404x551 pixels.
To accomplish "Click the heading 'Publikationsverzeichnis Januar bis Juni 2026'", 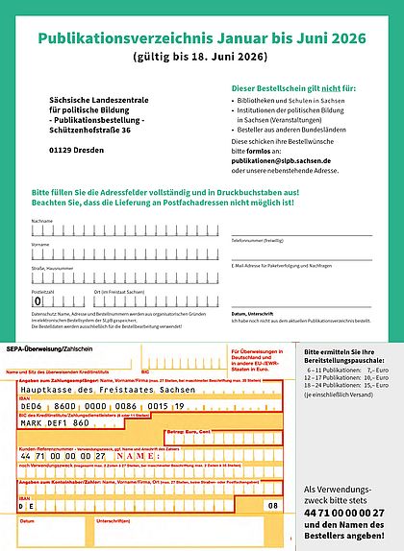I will (x=201, y=39).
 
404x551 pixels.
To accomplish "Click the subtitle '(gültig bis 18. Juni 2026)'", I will (x=201, y=60).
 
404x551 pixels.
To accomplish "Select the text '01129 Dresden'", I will (x=81, y=151).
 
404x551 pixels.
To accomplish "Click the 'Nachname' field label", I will (x=42, y=221).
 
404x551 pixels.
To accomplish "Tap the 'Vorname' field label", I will (x=41, y=245).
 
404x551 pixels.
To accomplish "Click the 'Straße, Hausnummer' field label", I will (x=53, y=268).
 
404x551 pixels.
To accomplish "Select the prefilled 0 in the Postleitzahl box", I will (x=38, y=301).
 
